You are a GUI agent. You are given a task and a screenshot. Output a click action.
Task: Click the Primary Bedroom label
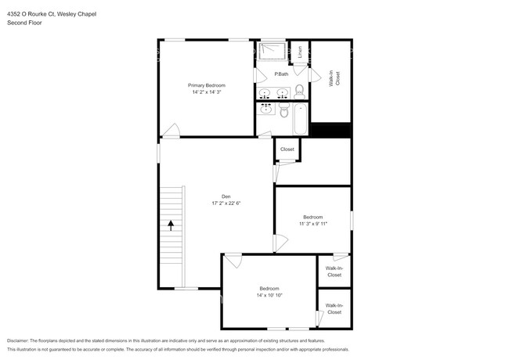[206, 85]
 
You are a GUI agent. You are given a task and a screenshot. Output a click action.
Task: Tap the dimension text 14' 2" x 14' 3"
[206, 92]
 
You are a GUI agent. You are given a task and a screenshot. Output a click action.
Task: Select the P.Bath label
[281, 74]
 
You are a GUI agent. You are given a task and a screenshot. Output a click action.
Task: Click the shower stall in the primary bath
[273, 52]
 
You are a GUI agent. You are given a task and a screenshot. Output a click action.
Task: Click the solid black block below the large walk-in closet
[330, 131]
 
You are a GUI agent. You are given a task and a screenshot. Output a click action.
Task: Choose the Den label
[225, 196]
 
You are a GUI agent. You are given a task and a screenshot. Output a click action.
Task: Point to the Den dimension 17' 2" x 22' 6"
[226, 203]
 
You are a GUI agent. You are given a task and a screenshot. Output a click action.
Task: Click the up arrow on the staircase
[171, 225]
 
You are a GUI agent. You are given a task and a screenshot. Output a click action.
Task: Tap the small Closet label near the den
[287, 149]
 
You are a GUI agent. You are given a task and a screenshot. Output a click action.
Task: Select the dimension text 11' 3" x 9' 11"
[312, 224]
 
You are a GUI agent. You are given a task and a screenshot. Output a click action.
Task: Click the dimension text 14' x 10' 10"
[269, 295]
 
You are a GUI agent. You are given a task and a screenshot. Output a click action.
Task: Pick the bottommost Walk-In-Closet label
[334, 308]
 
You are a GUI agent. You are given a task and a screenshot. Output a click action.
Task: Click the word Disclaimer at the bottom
[22, 341]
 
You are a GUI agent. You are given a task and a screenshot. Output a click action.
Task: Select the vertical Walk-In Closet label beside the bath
[334, 83]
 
